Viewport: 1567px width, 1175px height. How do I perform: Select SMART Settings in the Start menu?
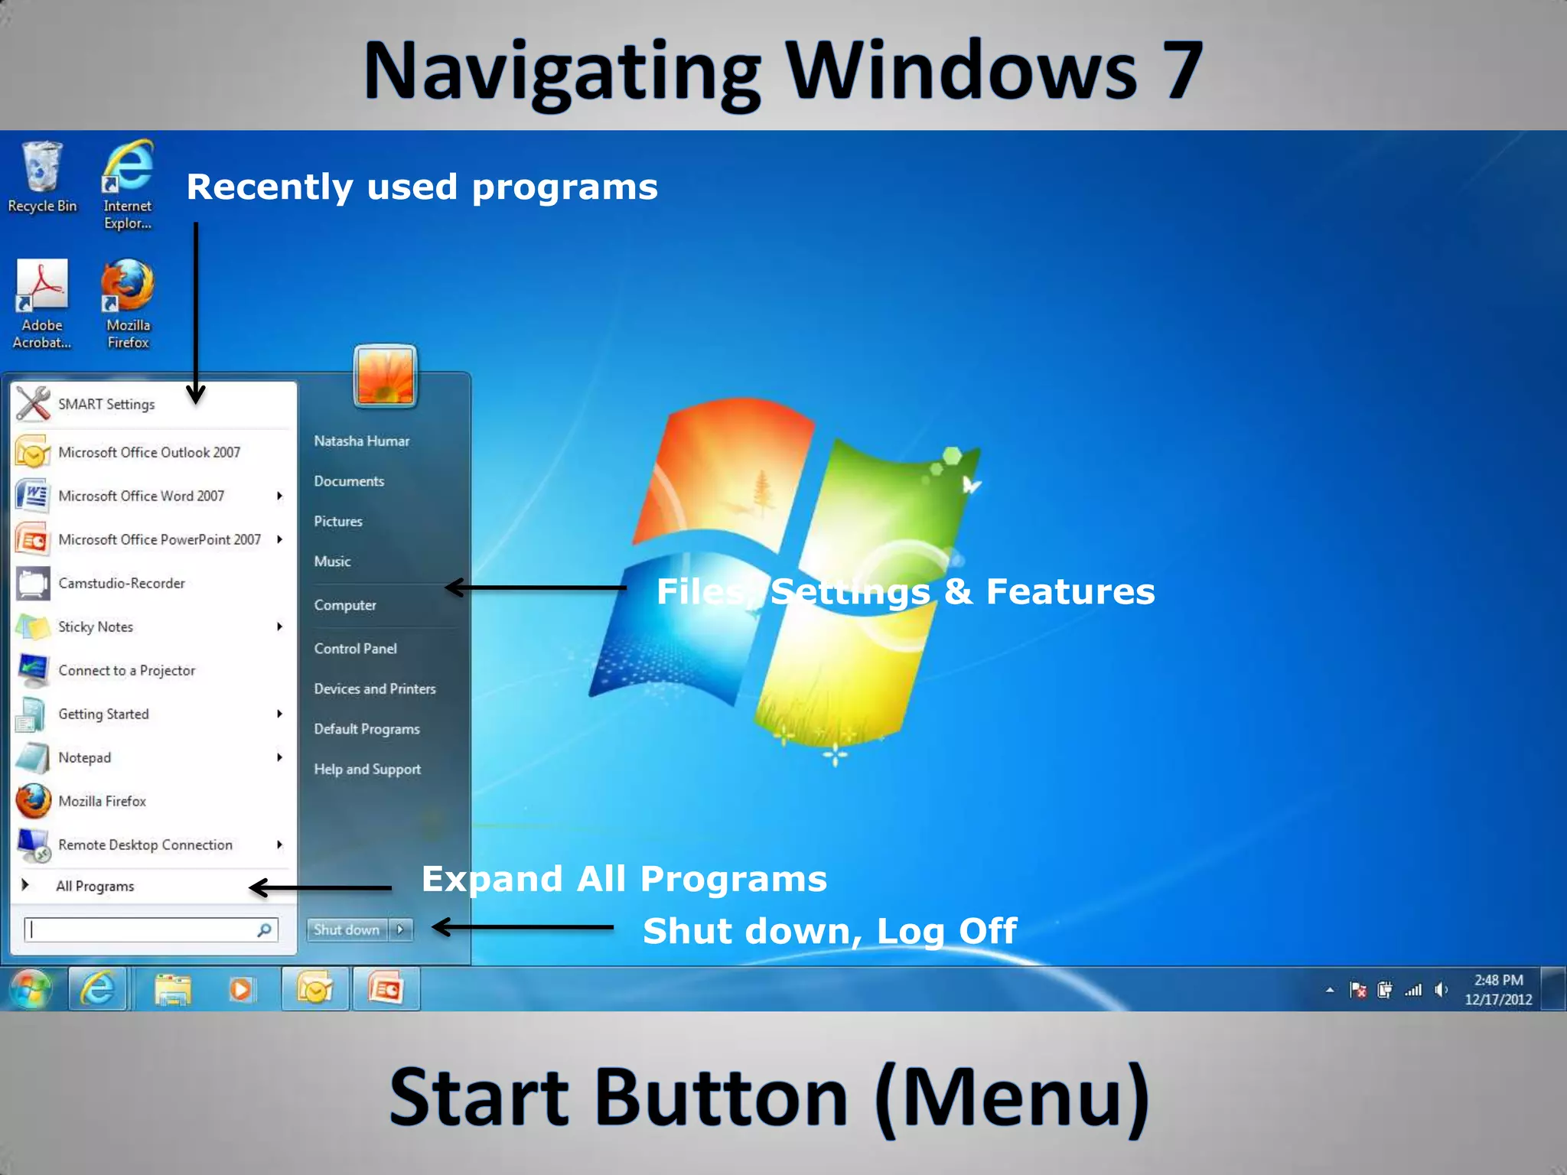click(x=106, y=404)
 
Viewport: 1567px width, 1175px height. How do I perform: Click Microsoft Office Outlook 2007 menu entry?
click(x=148, y=452)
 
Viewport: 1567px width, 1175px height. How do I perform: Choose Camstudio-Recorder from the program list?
click(x=121, y=583)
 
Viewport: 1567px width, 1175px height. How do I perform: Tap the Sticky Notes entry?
click(x=96, y=627)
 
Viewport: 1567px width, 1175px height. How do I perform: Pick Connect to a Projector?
click(x=126, y=670)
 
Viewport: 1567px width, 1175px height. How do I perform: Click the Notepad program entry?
click(x=84, y=757)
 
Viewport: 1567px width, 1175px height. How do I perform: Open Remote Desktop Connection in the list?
click(x=145, y=845)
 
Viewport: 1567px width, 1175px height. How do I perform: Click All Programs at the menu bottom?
click(x=94, y=886)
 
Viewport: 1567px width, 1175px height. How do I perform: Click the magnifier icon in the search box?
click(x=264, y=929)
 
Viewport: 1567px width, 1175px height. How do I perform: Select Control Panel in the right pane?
click(x=355, y=649)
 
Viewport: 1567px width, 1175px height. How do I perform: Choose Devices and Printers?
click(x=374, y=688)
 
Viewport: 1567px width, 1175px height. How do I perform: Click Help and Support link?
click(x=367, y=769)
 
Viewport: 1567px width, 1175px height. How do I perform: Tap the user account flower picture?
click(x=385, y=375)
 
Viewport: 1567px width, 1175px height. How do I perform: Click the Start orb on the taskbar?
click(x=30, y=989)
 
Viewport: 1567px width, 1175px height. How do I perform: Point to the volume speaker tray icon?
click(x=1441, y=990)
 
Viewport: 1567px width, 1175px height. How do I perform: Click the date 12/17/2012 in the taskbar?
click(x=1498, y=999)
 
